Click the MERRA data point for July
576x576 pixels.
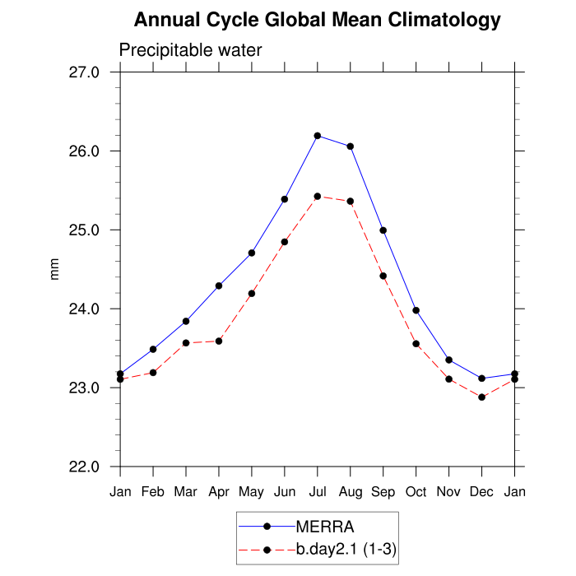pyautogui.click(x=318, y=136)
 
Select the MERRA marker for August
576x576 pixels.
pyautogui.click(x=351, y=146)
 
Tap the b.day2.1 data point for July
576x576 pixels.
pyautogui.click(x=318, y=196)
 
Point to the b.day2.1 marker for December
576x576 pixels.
pyautogui.click(x=482, y=397)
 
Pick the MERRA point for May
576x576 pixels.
pyautogui.click(x=252, y=253)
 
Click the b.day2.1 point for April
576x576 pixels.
pyautogui.click(x=219, y=341)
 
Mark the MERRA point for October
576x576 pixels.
pyautogui.click(x=416, y=310)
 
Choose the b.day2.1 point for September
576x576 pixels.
pyautogui.click(x=383, y=276)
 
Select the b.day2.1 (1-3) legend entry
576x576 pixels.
pyautogui.click(x=346, y=549)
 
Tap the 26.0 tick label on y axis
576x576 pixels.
pyautogui.click(x=83, y=151)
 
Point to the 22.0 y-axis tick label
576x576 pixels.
pyautogui.click(x=83, y=467)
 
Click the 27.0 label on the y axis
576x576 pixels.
pyautogui.click(x=83, y=72)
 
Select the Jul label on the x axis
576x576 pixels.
pyautogui.click(x=318, y=492)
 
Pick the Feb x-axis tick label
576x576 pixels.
pyautogui.click(x=153, y=492)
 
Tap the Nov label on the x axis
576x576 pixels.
pyautogui.click(x=449, y=492)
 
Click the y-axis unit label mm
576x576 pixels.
pyautogui.click(x=55, y=269)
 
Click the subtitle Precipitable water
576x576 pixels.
pyautogui.click(x=190, y=50)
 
